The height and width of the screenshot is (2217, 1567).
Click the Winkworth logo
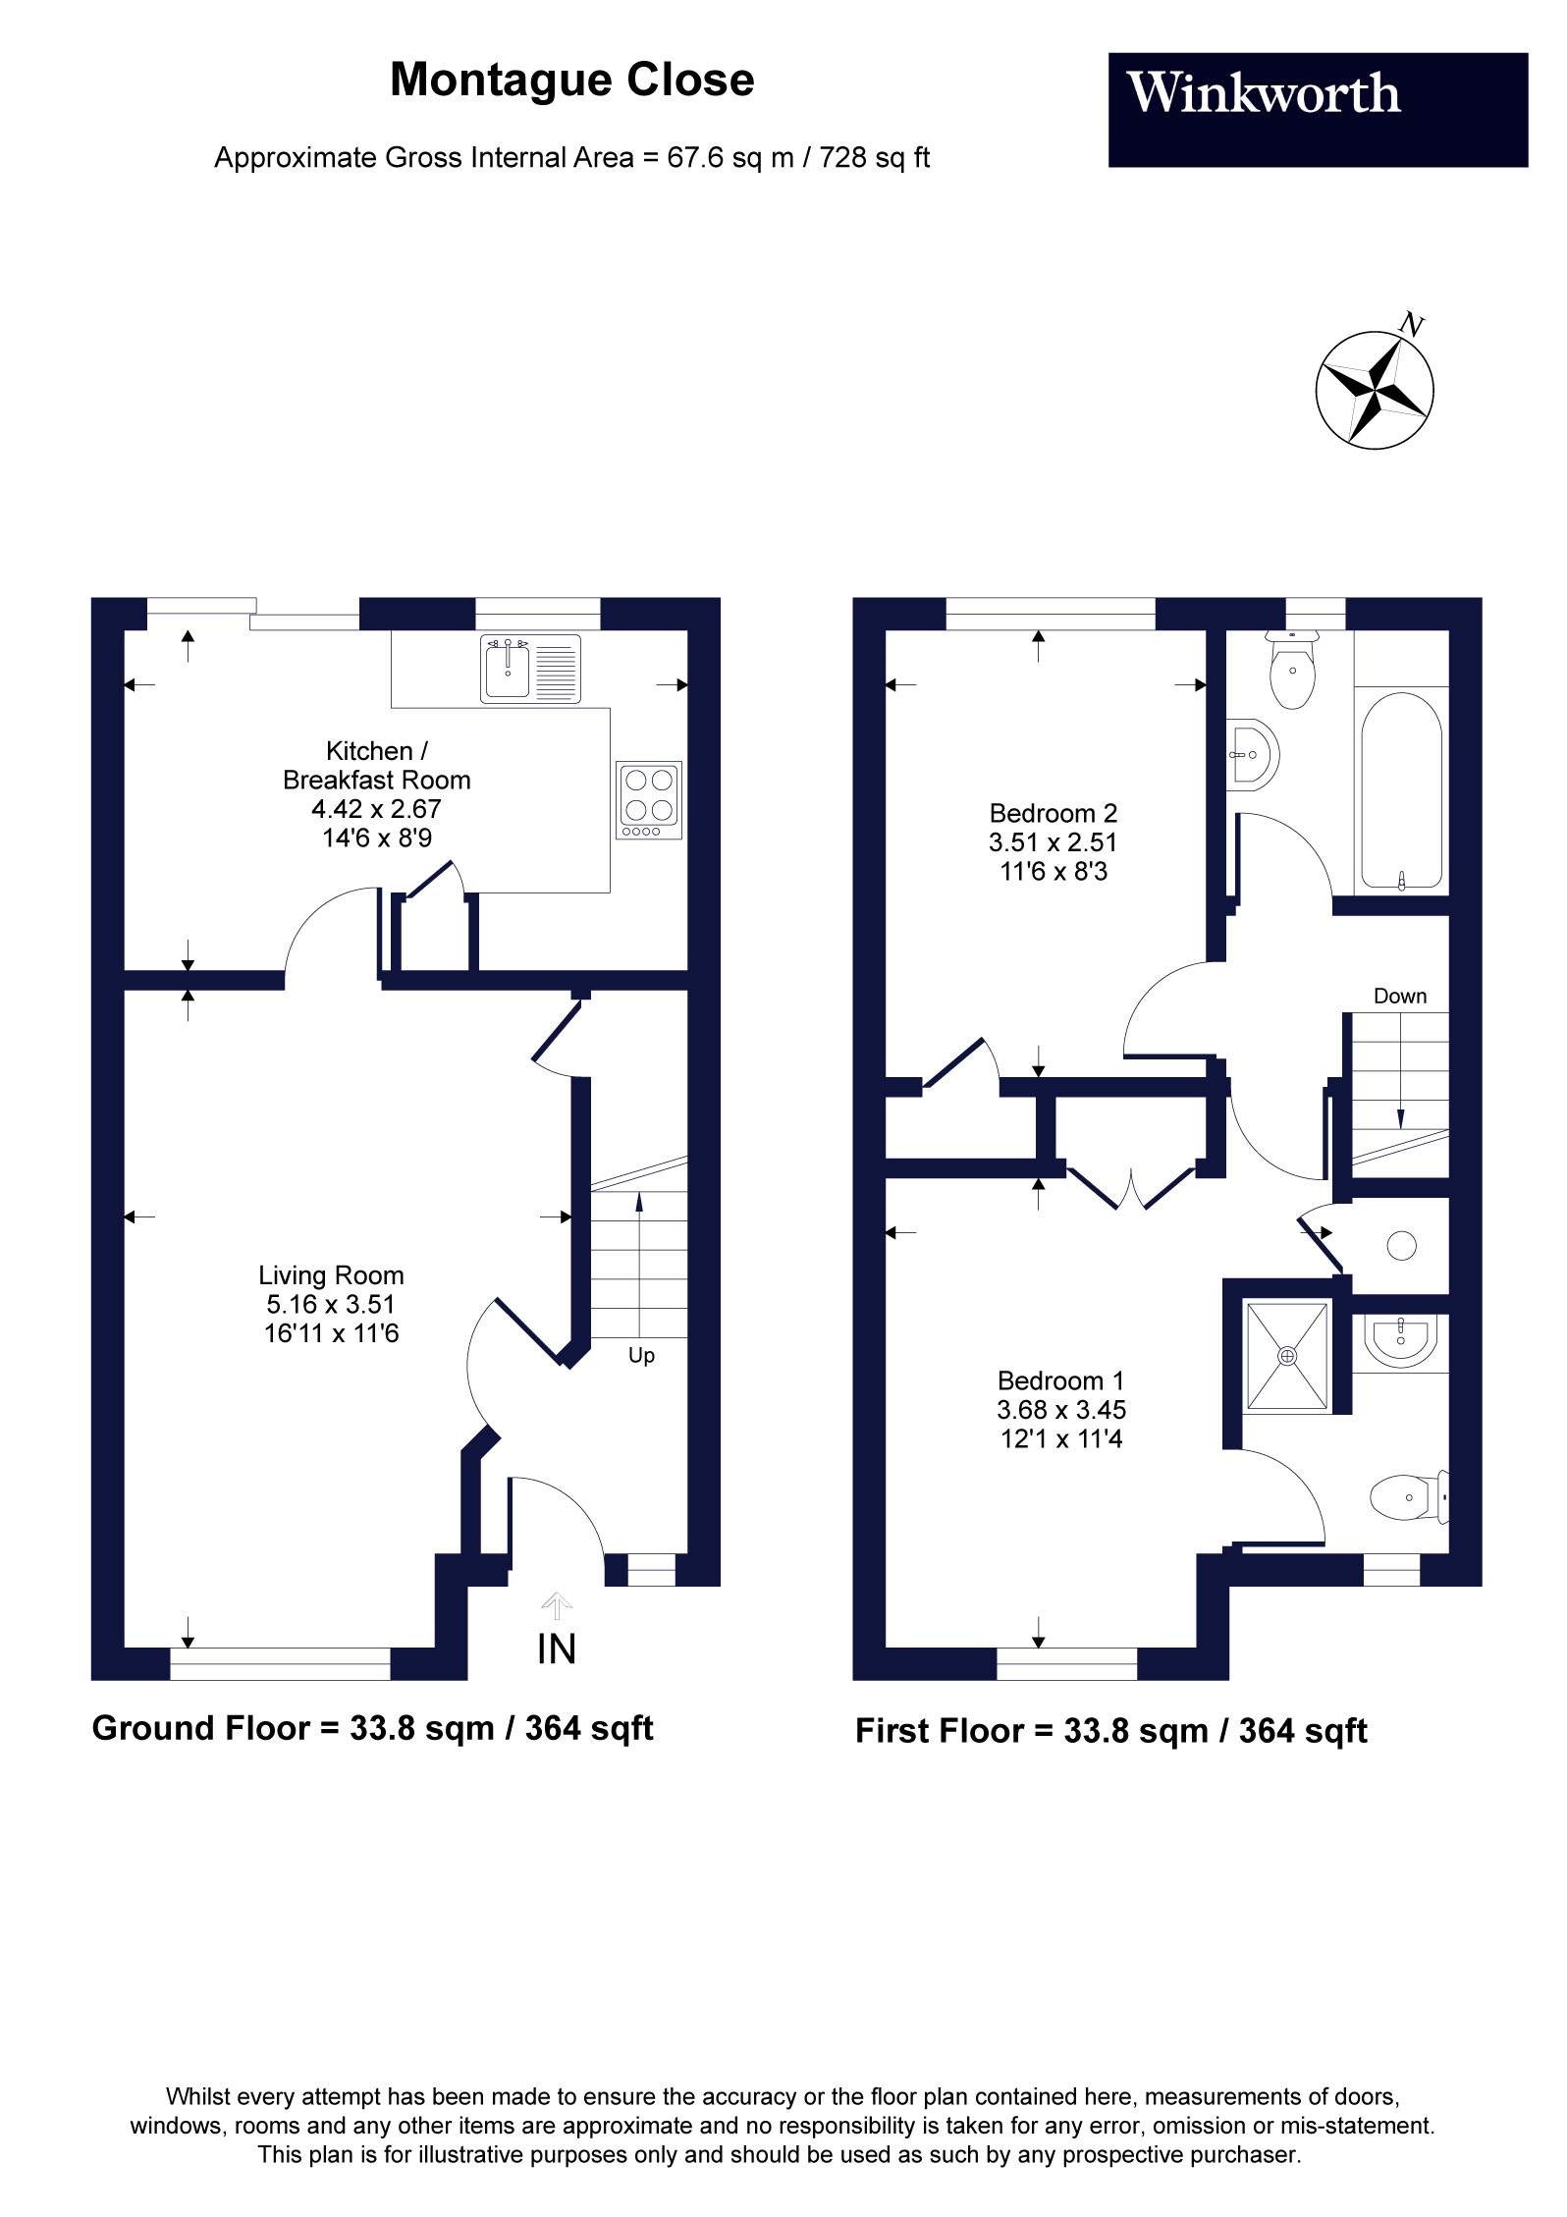pos(1317,109)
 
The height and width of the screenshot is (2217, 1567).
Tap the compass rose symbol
pos(1374,391)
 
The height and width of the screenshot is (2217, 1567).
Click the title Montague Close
pos(571,81)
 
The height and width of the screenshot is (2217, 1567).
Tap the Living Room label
pos(331,1275)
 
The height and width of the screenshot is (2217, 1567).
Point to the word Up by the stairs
pos(641,1355)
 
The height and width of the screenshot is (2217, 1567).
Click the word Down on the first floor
pos(1399,996)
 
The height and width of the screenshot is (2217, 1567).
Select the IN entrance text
pos(557,1649)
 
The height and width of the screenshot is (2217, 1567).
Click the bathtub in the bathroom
pos(1401,790)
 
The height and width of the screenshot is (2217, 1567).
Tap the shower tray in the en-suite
pos(1287,1356)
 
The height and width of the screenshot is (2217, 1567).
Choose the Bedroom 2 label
pos(1053,813)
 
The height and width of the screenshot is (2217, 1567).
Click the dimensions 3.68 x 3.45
pos(1060,1410)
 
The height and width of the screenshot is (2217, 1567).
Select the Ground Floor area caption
pos(372,1728)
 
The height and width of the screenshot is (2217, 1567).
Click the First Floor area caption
pos(1110,1730)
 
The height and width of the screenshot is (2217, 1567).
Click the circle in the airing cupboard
pos(1401,1246)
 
